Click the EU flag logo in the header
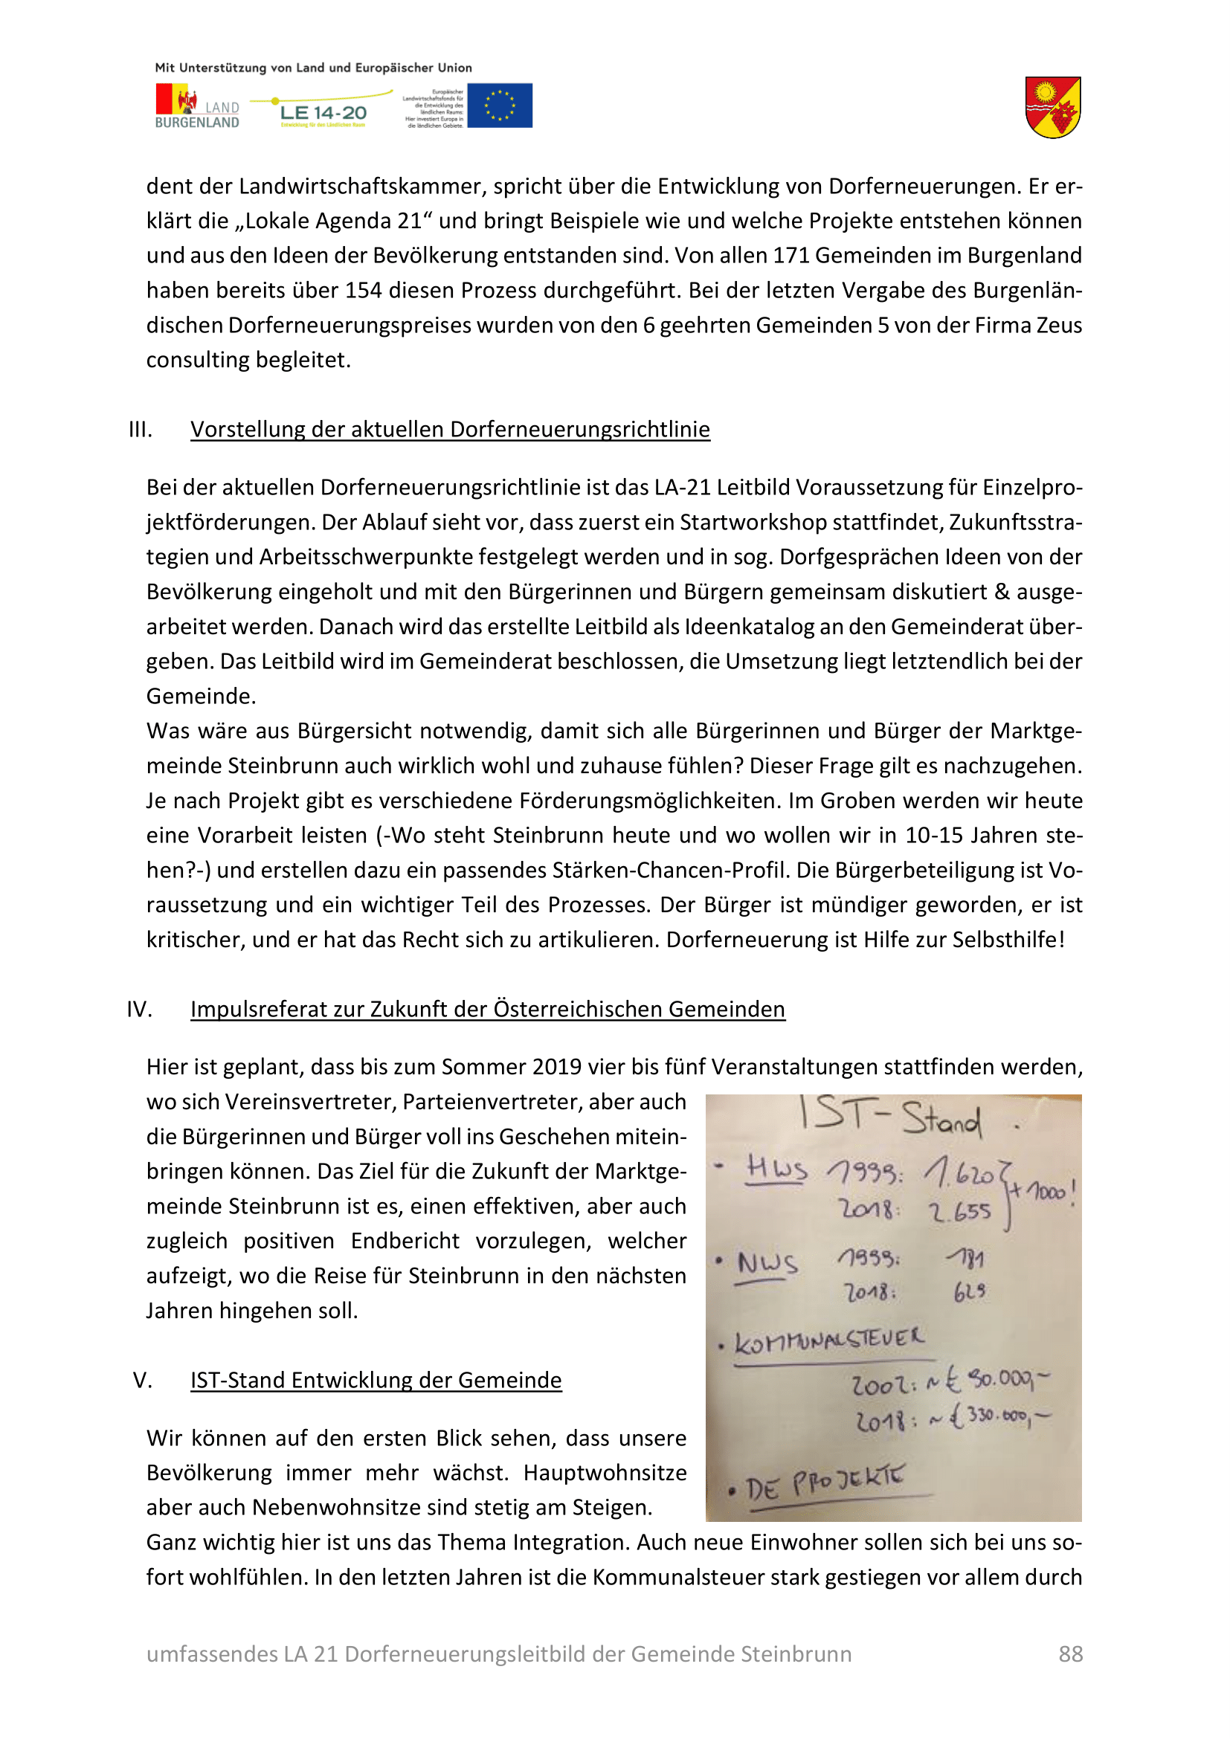[500, 106]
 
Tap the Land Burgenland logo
[197, 106]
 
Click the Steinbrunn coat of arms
[1053, 107]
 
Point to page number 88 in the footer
[1070, 1653]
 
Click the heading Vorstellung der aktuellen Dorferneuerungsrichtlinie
[450, 430]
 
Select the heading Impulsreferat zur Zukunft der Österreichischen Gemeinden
[488, 1009]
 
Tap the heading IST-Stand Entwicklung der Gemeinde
[376, 1380]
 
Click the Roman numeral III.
[140, 430]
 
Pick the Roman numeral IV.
[139, 1009]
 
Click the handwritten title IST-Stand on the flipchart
[891, 1118]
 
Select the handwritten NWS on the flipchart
[767, 1262]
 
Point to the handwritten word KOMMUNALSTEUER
[829, 1340]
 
